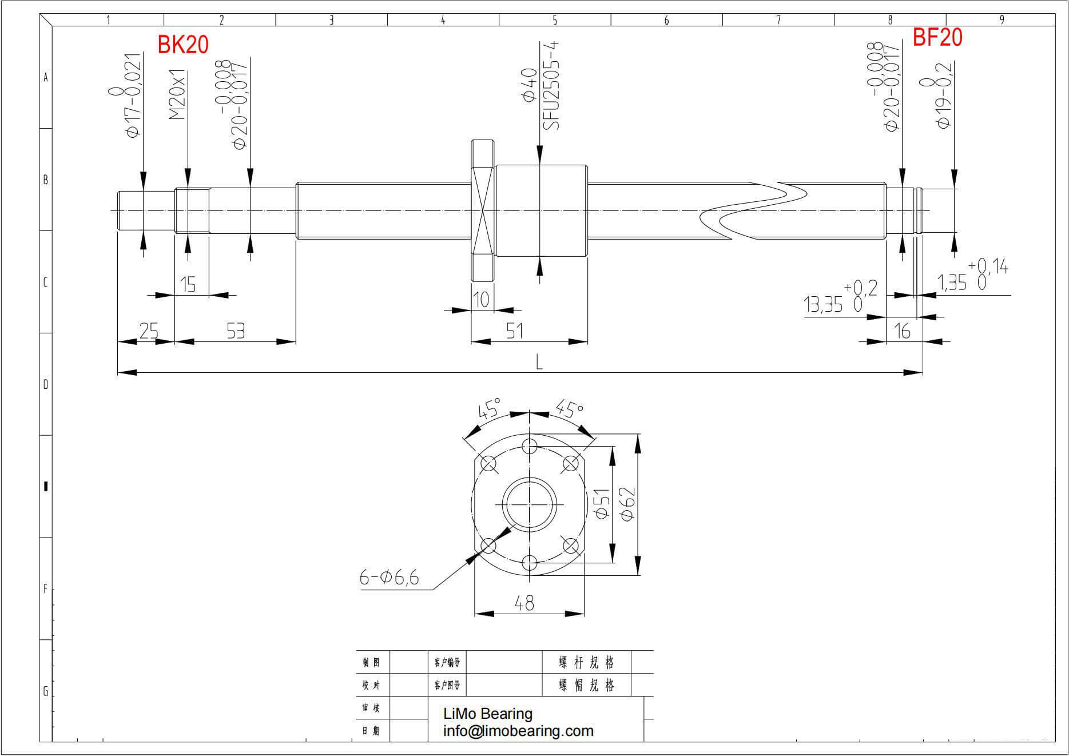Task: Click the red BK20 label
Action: coord(183,45)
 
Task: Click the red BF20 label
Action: coord(937,38)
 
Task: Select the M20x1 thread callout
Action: coord(178,95)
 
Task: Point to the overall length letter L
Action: coord(539,362)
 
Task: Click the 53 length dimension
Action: coord(236,331)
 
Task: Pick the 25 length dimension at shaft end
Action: coord(149,331)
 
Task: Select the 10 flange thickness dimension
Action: coord(482,300)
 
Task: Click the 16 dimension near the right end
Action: coord(902,331)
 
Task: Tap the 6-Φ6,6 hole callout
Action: coord(389,578)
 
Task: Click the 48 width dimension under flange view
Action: coord(524,603)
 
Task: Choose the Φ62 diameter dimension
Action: coord(627,503)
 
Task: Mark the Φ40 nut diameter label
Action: coord(530,86)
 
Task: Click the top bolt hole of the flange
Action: coord(530,446)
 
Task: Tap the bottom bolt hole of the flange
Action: coord(530,563)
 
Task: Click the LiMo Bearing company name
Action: coord(488,714)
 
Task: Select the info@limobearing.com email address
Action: coord(518,731)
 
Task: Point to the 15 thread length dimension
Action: coord(188,284)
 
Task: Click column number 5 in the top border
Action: coord(555,20)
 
